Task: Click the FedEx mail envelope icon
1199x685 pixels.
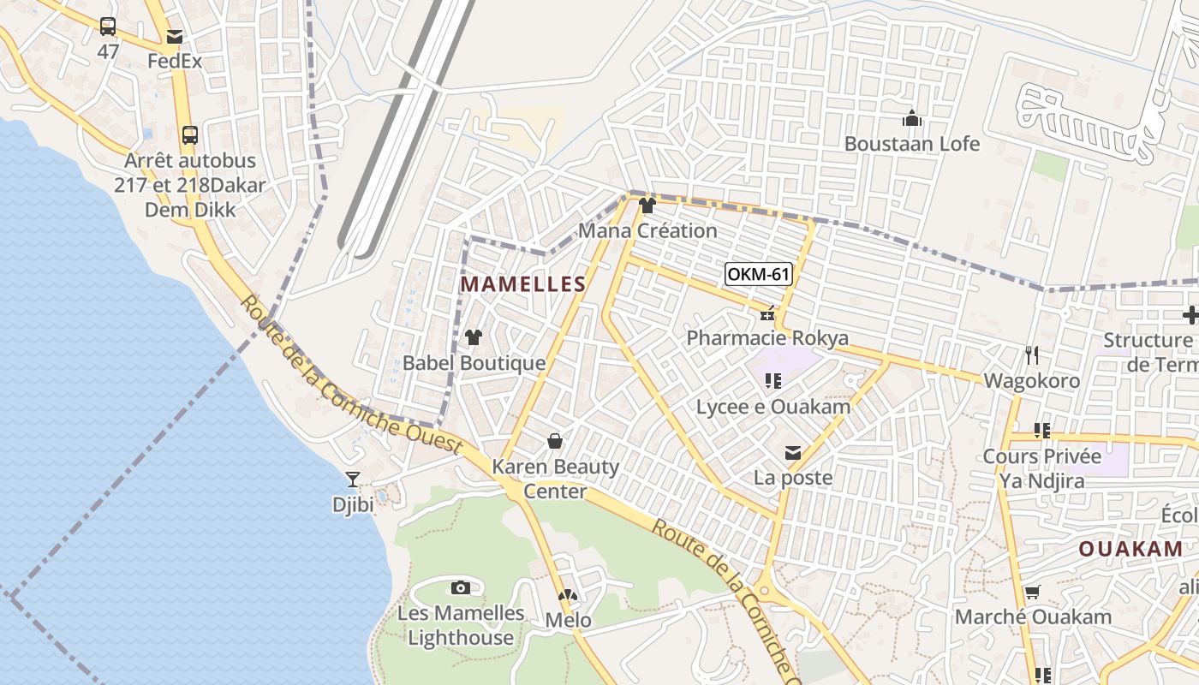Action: pyautogui.click(x=175, y=37)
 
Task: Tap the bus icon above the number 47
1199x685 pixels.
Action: pyautogui.click(x=108, y=27)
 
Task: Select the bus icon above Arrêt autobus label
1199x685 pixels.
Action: pyautogui.click(x=190, y=135)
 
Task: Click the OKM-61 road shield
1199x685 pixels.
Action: pyautogui.click(x=758, y=274)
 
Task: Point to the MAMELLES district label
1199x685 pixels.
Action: pyautogui.click(x=523, y=284)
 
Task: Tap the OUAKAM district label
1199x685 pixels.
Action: pyautogui.click(x=1130, y=549)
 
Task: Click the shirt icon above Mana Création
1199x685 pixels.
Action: pyautogui.click(x=647, y=205)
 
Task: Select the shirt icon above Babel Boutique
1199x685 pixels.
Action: pyautogui.click(x=473, y=337)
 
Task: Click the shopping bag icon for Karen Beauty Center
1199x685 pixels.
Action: pyautogui.click(x=555, y=441)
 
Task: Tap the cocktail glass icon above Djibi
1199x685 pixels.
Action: pyautogui.click(x=353, y=479)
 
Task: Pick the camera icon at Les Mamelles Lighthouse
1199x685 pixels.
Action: pyautogui.click(x=461, y=587)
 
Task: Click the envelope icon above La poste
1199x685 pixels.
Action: pyautogui.click(x=793, y=453)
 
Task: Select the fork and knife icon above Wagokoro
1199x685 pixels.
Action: pyautogui.click(x=1032, y=354)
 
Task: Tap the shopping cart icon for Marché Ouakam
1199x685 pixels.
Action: pyautogui.click(x=1033, y=592)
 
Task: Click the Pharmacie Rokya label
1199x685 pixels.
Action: pyautogui.click(x=767, y=338)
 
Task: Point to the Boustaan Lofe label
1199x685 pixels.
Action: pyautogui.click(x=912, y=143)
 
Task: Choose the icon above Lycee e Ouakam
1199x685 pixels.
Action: pyautogui.click(x=773, y=381)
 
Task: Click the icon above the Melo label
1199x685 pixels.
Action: pyautogui.click(x=568, y=595)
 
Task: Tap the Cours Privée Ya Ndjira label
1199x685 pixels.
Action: pyautogui.click(x=1042, y=468)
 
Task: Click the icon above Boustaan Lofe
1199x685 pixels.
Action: pyautogui.click(x=912, y=118)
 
